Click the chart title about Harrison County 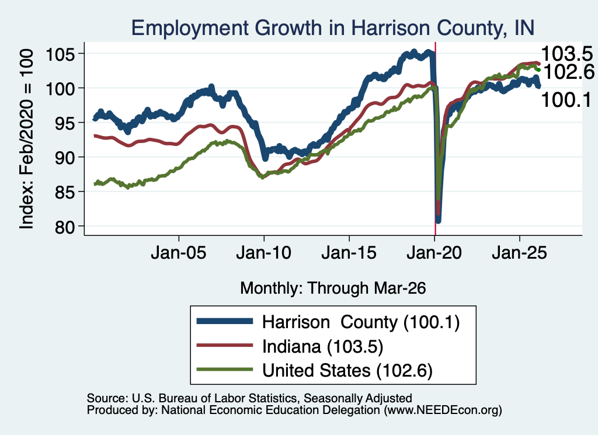[x=332, y=28]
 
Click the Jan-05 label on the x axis [x=179, y=252]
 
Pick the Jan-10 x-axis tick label [x=263, y=252]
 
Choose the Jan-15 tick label [x=349, y=252]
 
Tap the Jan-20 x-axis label [x=434, y=252]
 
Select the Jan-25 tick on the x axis [x=519, y=252]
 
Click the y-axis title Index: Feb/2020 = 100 [x=27, y=139]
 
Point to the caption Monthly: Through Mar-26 [x=333, y=288]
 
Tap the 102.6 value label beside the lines [x=568, y=71]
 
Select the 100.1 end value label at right [x=566, y=100]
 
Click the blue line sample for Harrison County [x=225, y=321]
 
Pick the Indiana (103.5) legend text [x=322, y=347]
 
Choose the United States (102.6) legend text [x=347, y=371]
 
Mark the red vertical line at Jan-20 [x=435, y=139]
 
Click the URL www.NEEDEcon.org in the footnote [x=443, y=410]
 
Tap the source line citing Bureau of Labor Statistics [x=249, y=398]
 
